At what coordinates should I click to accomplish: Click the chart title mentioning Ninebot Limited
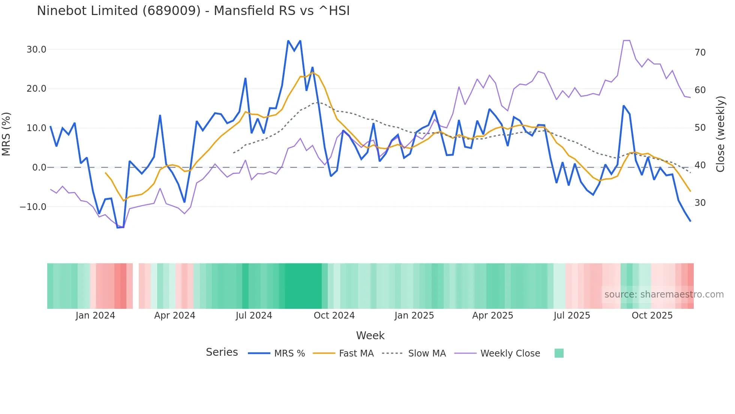pyautogui.click(x=193, y=11)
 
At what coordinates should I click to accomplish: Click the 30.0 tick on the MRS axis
pyautogui.click(x=36, y=50)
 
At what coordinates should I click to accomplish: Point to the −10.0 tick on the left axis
pyautogui.click(x=33, y=207)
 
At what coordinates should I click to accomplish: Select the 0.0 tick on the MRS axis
pyautogui.click(x=39, y=168)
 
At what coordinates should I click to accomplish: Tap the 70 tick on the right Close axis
pyautogui.click(x=700, y=53)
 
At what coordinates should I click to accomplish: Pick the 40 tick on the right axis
pyautogui.click(x=700, y=165)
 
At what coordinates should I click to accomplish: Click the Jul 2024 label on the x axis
pyautogui.click(x=254, y=316)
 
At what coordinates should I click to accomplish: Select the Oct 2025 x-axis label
pyautogui.click(x=652, y=316)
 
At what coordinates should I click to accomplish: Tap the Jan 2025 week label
pyautogui.click(x=414, y=316)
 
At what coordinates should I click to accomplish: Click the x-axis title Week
pyautogui.click(x=370, y=335)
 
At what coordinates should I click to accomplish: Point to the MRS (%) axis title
pyautogui.click(x=6, y=134)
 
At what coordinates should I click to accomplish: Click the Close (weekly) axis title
pyautogui.click(x=720, y=134)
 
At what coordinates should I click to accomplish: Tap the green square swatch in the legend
pyautogui.click(x=559, y=353)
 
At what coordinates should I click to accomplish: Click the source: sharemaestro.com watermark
pyautogui.click(x=664, y=295)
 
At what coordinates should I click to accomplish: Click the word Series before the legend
pyautogui.click(x=222, y=352)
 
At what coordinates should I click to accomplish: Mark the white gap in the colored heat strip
pyautogui.click(x=136, y=286)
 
